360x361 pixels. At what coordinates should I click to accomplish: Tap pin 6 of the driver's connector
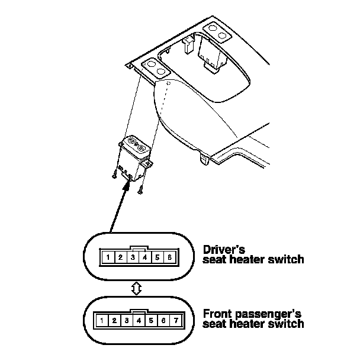click(170, 257)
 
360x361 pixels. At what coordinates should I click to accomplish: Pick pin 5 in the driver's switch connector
click(157, 257)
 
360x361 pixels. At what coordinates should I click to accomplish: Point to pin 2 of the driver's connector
click(120, 257)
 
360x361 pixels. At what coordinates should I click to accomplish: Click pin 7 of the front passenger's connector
click(176, 321)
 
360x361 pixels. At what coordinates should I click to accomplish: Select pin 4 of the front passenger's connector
click(139, 321)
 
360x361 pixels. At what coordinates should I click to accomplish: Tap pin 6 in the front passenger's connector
click(164, 321)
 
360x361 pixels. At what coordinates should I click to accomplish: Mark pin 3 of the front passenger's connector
click(127, 321)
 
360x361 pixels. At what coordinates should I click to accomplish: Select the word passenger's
click(268, 314)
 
